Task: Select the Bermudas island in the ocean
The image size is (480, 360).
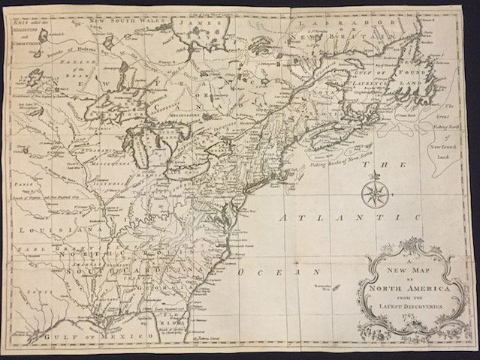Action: point(335,287)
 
